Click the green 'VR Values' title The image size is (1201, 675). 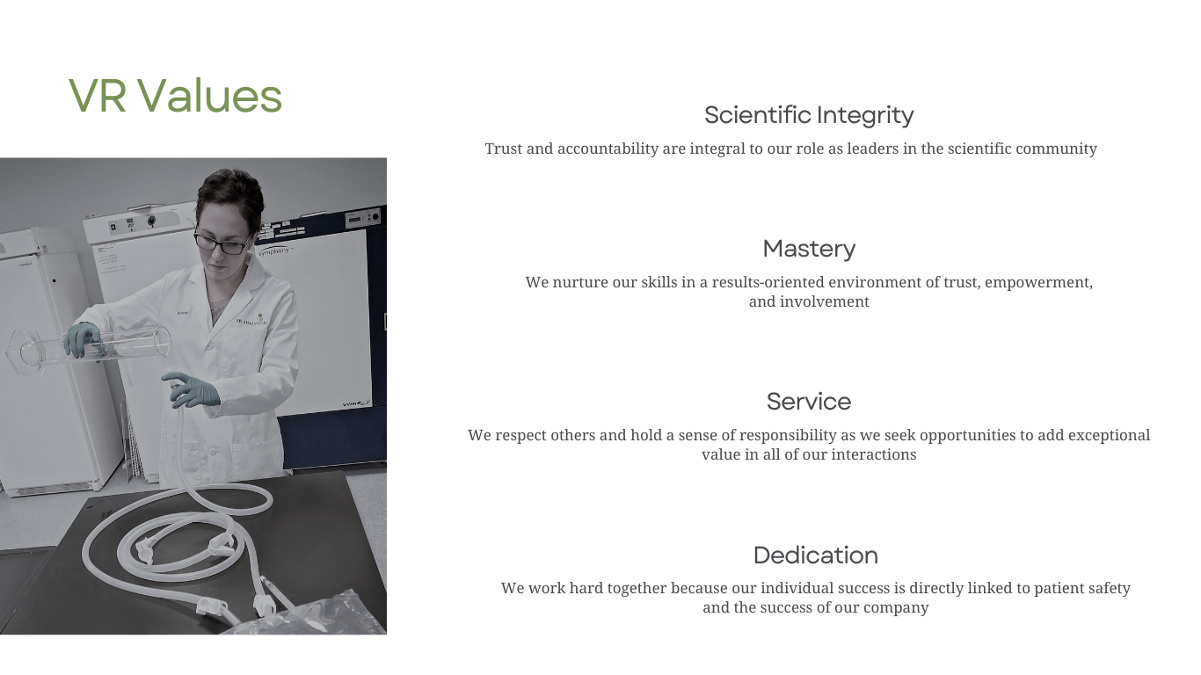175,96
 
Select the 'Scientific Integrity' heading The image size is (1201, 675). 809,116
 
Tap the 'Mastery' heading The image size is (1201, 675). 809,250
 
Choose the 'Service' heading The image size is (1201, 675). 809,402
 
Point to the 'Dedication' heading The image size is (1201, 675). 816,555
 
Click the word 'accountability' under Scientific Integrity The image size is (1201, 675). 608,149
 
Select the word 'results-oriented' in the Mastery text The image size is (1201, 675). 768,282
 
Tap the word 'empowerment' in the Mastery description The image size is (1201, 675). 1037,282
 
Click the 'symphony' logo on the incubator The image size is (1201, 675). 274,250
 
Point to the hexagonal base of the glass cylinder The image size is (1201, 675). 20,352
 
